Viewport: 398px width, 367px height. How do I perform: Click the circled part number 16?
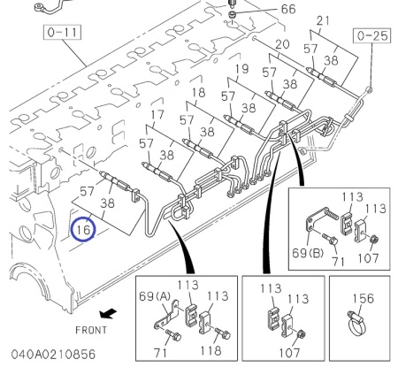coord(83,229)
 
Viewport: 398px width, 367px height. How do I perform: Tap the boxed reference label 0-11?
coord(62,32)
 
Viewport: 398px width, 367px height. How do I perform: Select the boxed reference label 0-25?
coord(372,35)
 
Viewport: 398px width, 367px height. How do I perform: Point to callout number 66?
coord(288,9)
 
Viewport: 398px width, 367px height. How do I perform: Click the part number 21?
coord(324,20)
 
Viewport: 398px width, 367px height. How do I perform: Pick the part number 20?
coord(282,44)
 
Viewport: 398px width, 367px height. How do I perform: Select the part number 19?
coord(242,69)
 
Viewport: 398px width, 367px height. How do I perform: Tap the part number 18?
coord(198,93)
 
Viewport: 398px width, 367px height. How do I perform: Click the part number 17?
coord(157,115)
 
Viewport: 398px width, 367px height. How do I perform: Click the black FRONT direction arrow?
coord(108,313)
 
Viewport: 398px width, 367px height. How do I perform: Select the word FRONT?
coord(91,330)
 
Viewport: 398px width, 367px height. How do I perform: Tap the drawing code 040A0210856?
coord(53,354)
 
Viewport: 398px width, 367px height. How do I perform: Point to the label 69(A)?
coord(155,296)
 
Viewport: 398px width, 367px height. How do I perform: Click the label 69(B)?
coord(308,253)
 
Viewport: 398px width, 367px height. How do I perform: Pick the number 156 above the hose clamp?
coord(364,299)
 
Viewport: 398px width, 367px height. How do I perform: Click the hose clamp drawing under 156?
coord(357,324)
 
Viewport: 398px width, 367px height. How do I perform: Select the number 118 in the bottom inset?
coord(210,350)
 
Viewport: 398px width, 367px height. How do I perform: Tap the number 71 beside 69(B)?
coord(338,261)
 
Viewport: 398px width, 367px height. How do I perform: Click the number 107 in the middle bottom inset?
coord(289,352)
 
